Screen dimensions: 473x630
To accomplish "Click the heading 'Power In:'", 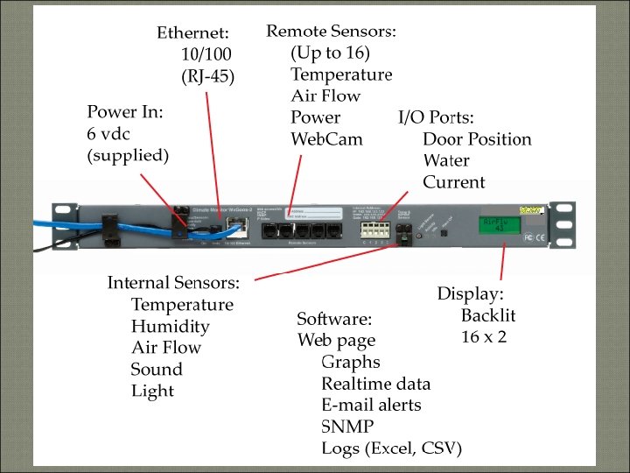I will click(x=125, y=112).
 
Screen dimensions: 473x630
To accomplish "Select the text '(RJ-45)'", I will click(x=208, y=76).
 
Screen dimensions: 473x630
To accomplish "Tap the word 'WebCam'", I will click(x=326, y=139).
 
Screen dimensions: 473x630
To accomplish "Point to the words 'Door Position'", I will click(x=476, y=139).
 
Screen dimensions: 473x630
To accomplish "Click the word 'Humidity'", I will click(x=170, y=327).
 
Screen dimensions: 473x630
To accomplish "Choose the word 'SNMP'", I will click(x=347, y=427).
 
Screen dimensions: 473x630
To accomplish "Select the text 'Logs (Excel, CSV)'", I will click(x=391, y=448).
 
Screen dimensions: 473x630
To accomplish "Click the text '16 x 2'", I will click(x=484, y=336).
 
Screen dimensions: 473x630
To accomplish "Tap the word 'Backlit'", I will click(x=488, y=315).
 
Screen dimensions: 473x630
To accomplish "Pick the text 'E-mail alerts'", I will click(x=371, y=405).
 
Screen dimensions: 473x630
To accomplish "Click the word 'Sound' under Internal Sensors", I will click(x=157, y=370).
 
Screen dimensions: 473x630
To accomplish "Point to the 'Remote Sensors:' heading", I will click(x=331, y=32).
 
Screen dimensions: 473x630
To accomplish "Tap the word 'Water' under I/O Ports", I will click(x=446, y=161).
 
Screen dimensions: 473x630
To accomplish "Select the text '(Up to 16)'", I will click(x=330, y=53).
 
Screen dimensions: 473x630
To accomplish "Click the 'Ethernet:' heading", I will click(x=192, y=33).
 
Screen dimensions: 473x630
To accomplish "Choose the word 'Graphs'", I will click(x=350, y=362).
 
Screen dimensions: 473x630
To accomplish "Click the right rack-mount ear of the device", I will click(x=552, y=222).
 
